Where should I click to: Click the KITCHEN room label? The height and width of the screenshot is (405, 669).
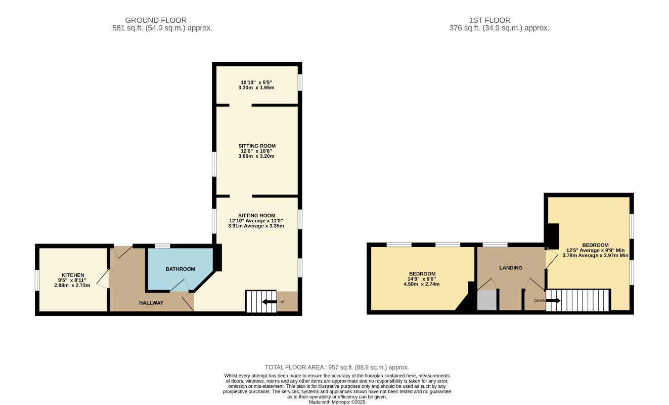coord(73,275)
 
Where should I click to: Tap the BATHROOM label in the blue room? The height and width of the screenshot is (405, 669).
coord(181,269)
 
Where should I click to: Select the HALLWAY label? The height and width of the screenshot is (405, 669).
coord(151,303)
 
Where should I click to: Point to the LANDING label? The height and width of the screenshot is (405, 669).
coord(511,268)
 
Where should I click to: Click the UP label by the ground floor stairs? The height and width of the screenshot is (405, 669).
coord(283,302)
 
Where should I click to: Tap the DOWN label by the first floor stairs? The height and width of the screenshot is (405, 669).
coord(540,301)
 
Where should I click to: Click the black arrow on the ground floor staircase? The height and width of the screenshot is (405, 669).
coord(269,302)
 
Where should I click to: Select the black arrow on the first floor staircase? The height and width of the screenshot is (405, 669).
coord(553,301)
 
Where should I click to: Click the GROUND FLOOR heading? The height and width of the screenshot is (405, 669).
coord(156,20)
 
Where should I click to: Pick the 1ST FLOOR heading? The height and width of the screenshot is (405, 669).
coord(489,20)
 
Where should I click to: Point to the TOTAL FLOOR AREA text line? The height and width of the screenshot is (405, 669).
coord(337,368)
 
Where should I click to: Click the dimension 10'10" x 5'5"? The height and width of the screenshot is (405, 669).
coord(256,83)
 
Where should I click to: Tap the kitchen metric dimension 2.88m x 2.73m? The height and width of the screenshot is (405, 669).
coord(72,286)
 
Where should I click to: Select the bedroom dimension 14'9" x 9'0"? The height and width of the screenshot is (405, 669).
coord(422,279)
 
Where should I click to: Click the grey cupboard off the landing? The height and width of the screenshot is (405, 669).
coord(487,300)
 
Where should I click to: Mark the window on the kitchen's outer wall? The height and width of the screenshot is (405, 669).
coord(37,280)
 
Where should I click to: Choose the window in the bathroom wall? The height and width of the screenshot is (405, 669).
coord(162,246)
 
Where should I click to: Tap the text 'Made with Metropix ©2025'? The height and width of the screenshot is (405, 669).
coord(337,402)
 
